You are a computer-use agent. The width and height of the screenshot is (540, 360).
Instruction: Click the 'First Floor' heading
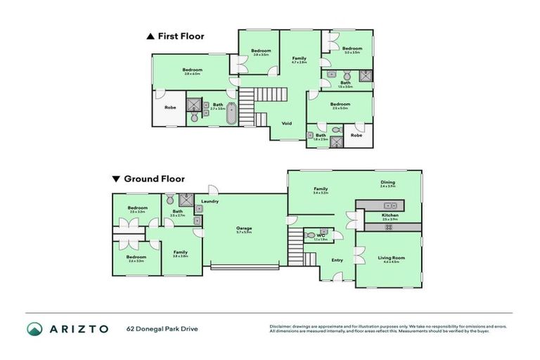tap(180, 37)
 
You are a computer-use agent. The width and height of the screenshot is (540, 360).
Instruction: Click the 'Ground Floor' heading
tap(148, 179)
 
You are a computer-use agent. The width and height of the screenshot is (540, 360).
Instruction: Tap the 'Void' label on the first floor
tap(286, 123)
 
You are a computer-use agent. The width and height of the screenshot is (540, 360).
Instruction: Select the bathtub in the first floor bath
tap(231, 113)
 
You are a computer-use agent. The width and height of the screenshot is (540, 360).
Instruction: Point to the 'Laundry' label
tap(210, 202)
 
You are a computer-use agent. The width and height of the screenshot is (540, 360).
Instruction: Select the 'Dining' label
tap(387, 182)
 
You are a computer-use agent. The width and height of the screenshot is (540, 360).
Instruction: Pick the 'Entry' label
tap(337, 260)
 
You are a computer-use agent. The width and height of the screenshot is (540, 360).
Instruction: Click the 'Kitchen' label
tap(390, 215)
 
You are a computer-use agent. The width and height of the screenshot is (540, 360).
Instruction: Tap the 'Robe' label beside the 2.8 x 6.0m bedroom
tap(170, 108)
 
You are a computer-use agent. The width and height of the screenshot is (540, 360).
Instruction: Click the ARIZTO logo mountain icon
tap(34, 328)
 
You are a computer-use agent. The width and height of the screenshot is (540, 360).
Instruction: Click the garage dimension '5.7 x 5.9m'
tap(244, 233)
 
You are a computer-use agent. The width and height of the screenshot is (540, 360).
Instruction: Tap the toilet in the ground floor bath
tap(170, 200)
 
